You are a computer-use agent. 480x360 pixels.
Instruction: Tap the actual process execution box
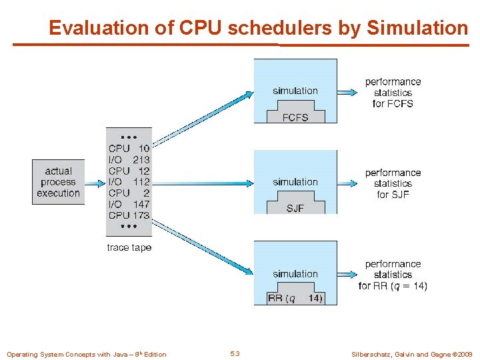click(x=59, y=182)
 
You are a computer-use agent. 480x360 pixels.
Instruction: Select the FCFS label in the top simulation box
click(x=295, y=117)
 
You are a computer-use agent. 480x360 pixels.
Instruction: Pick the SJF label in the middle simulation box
click(x=295, y=208)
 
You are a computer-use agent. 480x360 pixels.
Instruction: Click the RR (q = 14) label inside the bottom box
click(x=295, y=298)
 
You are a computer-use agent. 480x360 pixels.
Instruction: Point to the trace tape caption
click(x=129, y=247)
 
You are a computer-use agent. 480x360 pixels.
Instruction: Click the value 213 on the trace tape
click(x=141, y=160)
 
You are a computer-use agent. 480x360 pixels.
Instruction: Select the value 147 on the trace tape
click(x=141, y=204)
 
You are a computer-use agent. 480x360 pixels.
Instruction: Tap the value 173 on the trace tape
click(x=141, y=215)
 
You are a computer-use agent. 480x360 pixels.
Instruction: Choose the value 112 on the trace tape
click(x=141, y=182)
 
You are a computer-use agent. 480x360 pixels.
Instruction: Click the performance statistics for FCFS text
click(x=393, y=93)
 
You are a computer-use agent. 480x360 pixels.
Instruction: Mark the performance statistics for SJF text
click(x=393, y=183)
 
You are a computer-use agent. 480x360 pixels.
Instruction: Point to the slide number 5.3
click(x=235, y=353)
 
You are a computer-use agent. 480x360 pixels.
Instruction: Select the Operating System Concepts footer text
click(x=87, y=353)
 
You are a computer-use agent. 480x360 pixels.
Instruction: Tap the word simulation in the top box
click(x=295, y=91)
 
